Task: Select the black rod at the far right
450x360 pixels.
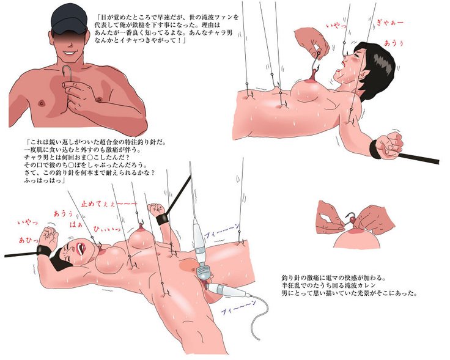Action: point(421,157)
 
